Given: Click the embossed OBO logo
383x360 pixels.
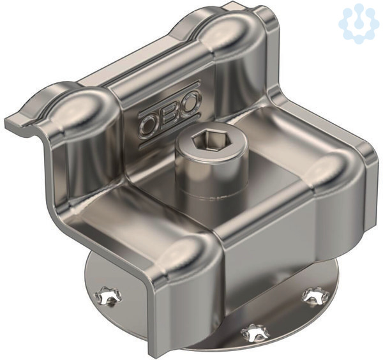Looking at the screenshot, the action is (170, 115).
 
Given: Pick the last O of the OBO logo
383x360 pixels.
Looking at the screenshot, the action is (190, 102).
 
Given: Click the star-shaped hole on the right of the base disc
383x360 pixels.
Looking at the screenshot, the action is (315, 296).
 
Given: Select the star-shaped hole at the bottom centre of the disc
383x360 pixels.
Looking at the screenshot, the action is (255, 333).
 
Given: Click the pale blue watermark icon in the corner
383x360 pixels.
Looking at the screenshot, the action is (359, 24).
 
